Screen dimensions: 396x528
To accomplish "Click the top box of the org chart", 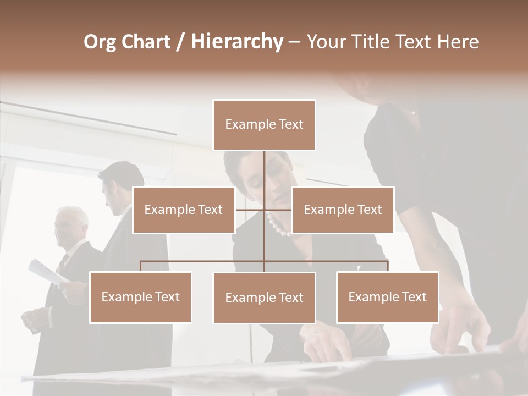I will [x=264, y=125].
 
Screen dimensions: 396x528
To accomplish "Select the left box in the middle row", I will [x=184, y=210].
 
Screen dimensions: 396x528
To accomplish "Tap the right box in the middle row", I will [x=343, y=210].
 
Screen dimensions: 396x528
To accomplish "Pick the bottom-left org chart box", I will [x=140, y=297].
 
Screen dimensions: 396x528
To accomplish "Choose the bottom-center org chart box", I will [x=264, y=298].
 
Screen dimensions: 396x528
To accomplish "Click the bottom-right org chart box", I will [x=387, y=297].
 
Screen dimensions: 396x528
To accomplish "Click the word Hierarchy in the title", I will [x=237, y=42].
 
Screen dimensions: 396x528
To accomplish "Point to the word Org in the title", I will [x=100, y=42].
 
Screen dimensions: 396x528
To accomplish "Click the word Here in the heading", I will [x=458, y=42].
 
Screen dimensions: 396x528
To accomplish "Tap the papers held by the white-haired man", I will [x=47, y=272].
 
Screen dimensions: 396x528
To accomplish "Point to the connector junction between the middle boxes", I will [x=264, y=210].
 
